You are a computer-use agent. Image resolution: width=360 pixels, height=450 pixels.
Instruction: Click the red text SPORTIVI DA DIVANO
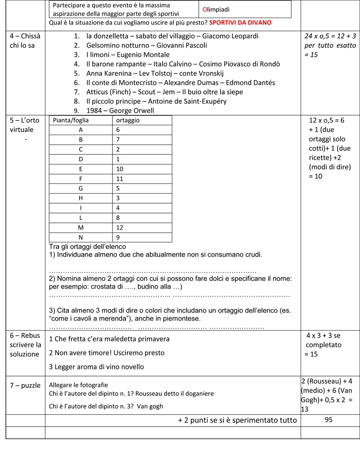(240, 23)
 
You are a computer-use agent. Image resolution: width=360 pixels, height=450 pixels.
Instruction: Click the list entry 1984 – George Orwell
(120, 110)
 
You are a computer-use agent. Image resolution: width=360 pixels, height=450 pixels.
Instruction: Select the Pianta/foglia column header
(71, 120)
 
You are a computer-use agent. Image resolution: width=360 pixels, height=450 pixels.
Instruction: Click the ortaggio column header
(128, 120)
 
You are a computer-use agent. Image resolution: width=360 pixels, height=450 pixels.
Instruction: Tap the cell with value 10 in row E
(120, 169)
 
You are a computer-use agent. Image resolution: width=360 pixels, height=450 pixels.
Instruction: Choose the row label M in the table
(81, 227)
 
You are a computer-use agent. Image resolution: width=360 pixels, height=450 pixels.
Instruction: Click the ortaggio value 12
(120, 227)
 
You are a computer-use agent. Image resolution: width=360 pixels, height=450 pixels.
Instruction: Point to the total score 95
(328, 420)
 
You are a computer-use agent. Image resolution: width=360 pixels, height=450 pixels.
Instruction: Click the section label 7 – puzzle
(24, 385)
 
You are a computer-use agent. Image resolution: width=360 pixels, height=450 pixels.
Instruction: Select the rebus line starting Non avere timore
(107, 353)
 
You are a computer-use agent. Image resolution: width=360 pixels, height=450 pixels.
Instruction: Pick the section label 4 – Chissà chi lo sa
(24, 41)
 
